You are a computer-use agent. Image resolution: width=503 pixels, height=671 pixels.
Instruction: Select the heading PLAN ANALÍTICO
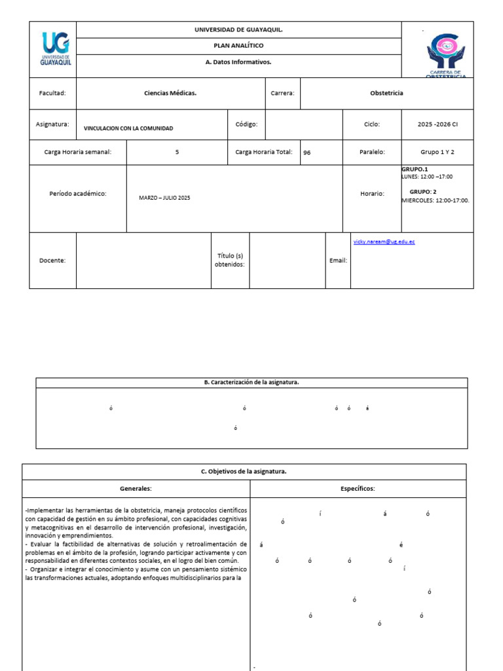(238, 46)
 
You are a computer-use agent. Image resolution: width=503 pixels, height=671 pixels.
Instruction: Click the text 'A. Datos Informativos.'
(238, 62)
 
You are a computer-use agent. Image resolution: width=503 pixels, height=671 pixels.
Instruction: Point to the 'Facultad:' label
(52, 93)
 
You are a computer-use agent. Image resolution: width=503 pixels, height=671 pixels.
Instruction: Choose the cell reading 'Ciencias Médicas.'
(170, 93)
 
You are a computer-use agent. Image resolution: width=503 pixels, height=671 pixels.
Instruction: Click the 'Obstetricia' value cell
(386, 93)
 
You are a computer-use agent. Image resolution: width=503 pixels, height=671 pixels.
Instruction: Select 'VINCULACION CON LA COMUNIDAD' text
(128, 128)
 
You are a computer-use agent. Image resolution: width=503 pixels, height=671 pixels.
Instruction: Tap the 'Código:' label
(246, 124)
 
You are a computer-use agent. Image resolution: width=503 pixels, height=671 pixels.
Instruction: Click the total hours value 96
(307, 153)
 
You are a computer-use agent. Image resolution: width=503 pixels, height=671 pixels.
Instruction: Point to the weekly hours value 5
(177, 152)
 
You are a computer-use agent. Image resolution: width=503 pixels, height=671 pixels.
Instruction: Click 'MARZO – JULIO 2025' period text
(164, 198)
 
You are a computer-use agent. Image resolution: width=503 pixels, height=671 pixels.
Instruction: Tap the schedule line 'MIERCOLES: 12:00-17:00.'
(436, 201)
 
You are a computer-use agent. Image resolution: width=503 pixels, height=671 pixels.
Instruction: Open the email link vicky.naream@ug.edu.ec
(384, 242)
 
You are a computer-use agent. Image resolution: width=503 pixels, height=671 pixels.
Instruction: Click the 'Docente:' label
(52, 260)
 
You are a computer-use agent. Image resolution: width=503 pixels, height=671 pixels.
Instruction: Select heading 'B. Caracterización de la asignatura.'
(251, 383)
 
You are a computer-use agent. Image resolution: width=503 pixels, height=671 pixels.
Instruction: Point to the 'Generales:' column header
(136, 488)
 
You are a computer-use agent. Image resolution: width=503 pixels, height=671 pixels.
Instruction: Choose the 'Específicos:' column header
(358, 488)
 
